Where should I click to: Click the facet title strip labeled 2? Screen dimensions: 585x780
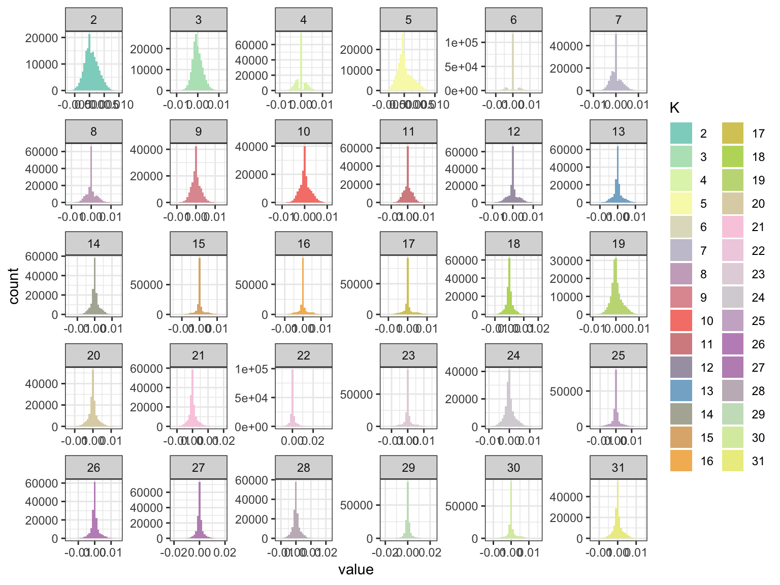(x=94, y=20)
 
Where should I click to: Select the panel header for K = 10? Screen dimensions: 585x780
(x=304, y=132)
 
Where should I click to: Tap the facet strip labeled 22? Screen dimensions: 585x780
(x=304, y=355)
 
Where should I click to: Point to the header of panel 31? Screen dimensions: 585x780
(x=619, y=467)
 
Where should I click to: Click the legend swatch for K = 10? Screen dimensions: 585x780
(x=681, y=321)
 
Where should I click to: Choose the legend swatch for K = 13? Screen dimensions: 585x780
(x=681, y=391)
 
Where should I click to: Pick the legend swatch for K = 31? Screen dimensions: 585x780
(x=733, y=461)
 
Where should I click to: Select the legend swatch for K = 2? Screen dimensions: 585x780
(x=681, y=134)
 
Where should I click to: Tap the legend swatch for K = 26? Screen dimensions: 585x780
(x=733, y=344)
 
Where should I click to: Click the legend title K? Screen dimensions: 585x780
(x=675, y=108)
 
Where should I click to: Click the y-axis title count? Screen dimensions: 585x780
(x=14, y=286)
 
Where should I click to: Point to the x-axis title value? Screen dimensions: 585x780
(x=356, y=570)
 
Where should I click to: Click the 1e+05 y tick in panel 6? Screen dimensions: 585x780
(x=461, y=43)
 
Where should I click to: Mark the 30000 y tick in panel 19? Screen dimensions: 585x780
(x=566, y=261)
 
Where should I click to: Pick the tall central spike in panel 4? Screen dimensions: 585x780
(x=301, y=61)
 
